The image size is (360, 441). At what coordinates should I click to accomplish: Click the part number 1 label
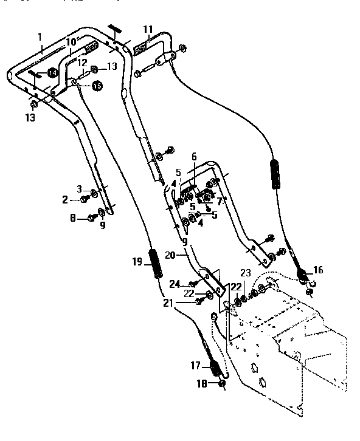tap(40, 37)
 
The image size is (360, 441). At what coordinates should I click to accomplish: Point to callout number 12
tap(81, 62)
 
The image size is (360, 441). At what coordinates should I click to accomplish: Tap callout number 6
tap(193, 156)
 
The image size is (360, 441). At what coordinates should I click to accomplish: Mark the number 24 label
tap(175, 284)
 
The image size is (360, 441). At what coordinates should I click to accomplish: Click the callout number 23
tap(245, 273)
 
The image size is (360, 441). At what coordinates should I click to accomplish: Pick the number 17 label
tap(196, 366)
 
